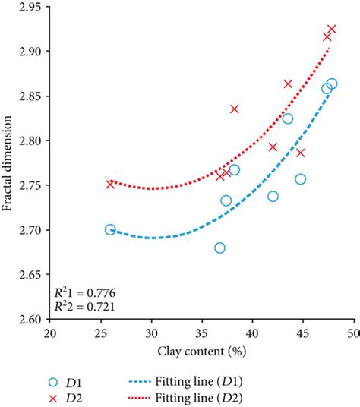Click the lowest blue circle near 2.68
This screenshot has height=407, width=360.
(x=220, y=248)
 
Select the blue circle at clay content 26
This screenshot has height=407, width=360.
(x=110, y=229)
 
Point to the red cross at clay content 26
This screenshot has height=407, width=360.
(x=110, y=184)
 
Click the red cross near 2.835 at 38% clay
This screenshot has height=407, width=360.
(x=234, y=109)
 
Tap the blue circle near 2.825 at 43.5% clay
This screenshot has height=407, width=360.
(x=288, y=118)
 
